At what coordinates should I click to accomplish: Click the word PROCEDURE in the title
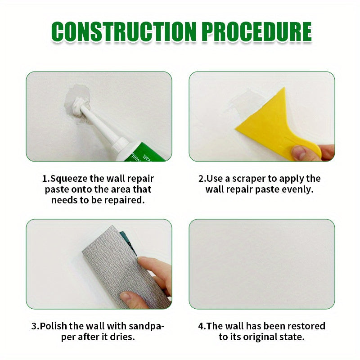(256, 31)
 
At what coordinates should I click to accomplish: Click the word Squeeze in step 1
(70, 179)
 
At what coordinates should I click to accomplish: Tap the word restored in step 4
(304, 326)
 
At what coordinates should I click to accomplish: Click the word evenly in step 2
(297, 189)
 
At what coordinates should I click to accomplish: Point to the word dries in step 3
(122, 337)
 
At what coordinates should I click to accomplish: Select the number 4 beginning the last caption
(201, 326)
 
